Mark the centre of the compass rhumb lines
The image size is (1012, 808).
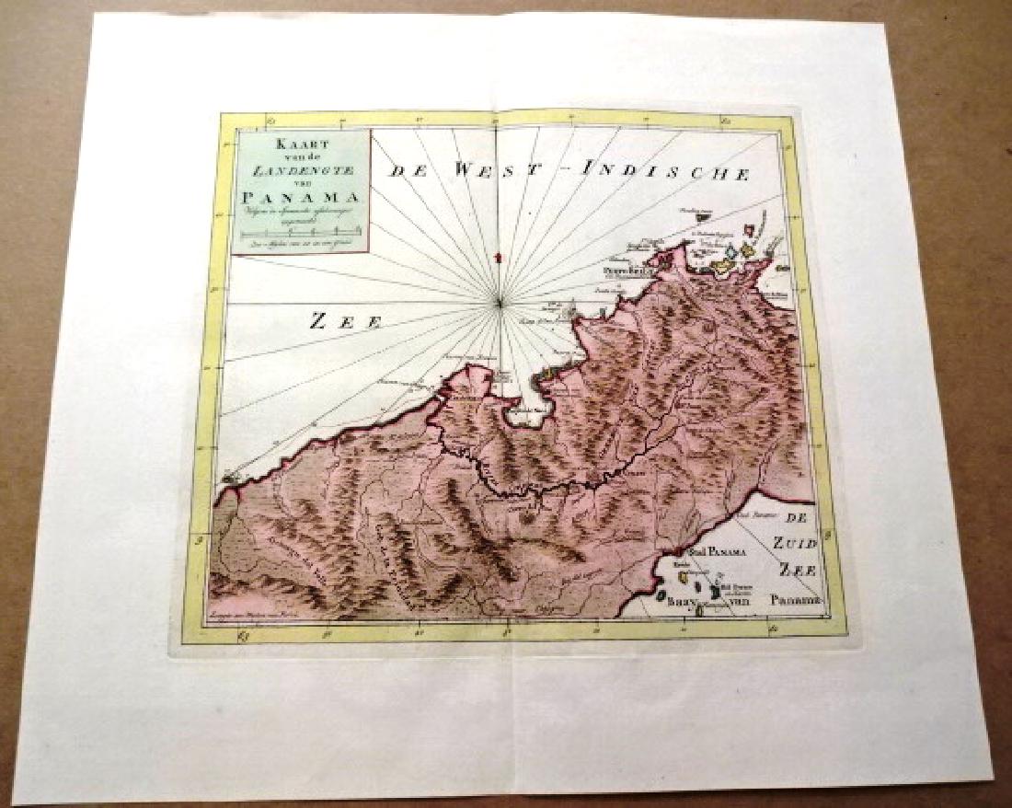[x=498, y=300]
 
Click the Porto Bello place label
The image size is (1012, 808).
[x=622, y=272]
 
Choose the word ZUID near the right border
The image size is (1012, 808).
[x=792, y=545]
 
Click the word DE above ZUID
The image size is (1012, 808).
[x=800, y=518]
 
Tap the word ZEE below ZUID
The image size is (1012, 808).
[x=797, y=571]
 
